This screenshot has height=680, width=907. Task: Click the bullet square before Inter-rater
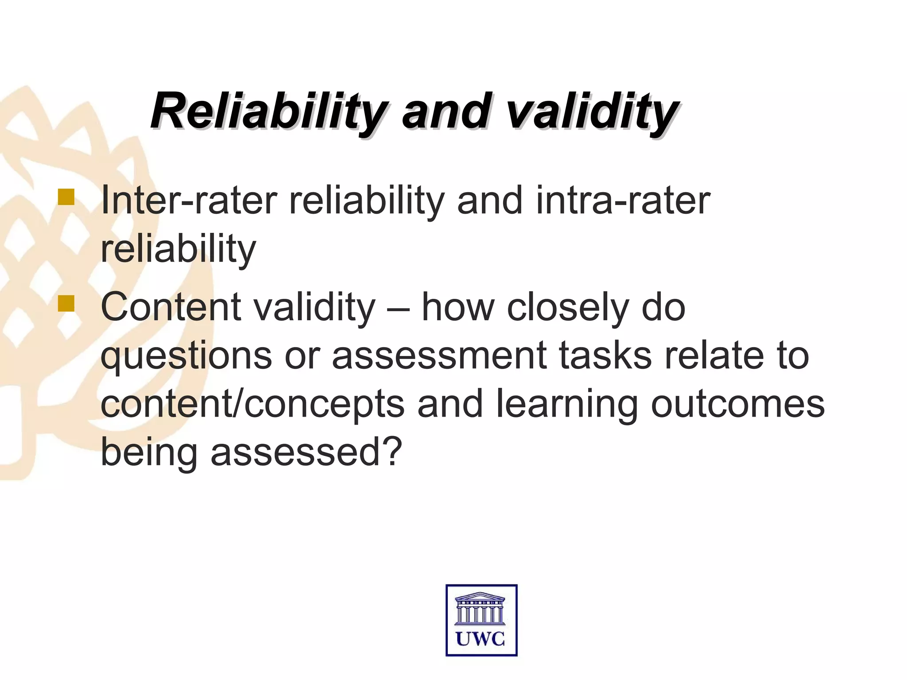pyautogui.click(x=66, y=197)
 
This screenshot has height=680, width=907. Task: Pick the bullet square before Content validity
pyautogui.click(x=66, y=304)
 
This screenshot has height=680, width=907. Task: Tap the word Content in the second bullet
pyautogui.click(x=171, y=307)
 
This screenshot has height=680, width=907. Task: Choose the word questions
pyautogui.click(x=186, y=357)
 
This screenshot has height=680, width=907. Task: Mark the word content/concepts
pyautogui.click(x=252, y=405)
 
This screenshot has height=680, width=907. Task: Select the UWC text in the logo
pyautogui.click(x=481, y=639)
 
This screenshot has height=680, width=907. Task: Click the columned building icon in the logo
pyautogui.click(x=481, y=608)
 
